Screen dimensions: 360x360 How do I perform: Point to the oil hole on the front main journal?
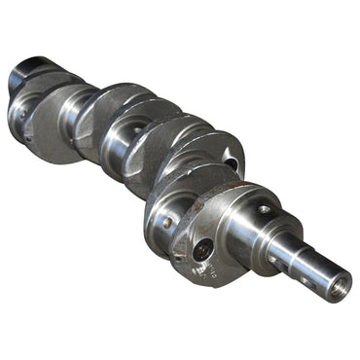264,209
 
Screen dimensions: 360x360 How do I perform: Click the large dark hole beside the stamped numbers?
201,251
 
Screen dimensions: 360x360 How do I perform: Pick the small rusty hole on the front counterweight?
167,223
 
